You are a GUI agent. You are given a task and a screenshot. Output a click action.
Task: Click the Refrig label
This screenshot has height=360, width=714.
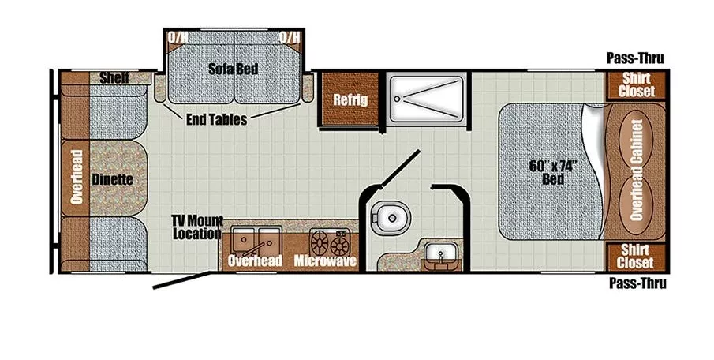pos(350,99)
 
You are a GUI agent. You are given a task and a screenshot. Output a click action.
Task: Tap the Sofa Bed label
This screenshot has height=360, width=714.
pos(234,69)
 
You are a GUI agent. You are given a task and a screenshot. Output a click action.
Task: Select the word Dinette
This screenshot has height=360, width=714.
pos(113,179)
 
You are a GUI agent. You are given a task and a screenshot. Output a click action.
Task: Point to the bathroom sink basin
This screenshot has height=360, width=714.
pos(440,253)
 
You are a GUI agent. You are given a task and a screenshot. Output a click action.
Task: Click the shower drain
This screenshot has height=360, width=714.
pos(398,99)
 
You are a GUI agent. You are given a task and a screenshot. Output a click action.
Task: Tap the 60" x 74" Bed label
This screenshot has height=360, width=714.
pos(553,172)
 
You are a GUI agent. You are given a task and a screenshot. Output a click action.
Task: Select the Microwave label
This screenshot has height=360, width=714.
pos(325,261)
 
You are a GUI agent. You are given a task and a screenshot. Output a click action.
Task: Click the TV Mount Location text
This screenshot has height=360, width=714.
pos(196,227)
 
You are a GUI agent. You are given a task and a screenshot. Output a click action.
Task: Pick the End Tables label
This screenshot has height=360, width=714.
pos(217,119)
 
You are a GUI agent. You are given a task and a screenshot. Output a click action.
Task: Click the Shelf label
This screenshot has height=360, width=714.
pos(114,77)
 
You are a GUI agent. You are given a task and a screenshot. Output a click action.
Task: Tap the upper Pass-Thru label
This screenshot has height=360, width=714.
pos(635,58)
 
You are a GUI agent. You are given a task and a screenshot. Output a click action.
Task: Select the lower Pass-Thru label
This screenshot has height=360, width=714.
pos(637,283)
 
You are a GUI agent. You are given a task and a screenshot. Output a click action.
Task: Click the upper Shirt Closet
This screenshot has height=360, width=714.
pos(636,84)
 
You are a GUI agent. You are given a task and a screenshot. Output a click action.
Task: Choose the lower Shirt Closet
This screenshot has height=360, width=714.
pos(635,257)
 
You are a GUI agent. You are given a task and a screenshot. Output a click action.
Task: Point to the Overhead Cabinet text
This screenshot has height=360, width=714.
pos(636,170)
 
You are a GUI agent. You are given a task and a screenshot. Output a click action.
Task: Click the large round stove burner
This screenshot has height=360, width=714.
pos(320,242)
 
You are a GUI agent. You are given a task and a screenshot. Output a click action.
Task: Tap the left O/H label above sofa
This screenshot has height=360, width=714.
pos(178,37)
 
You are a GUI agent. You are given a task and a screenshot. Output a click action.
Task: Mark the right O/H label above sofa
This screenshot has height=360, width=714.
pos(290,37)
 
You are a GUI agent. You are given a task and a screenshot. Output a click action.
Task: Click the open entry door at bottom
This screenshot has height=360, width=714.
pos(181,280)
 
